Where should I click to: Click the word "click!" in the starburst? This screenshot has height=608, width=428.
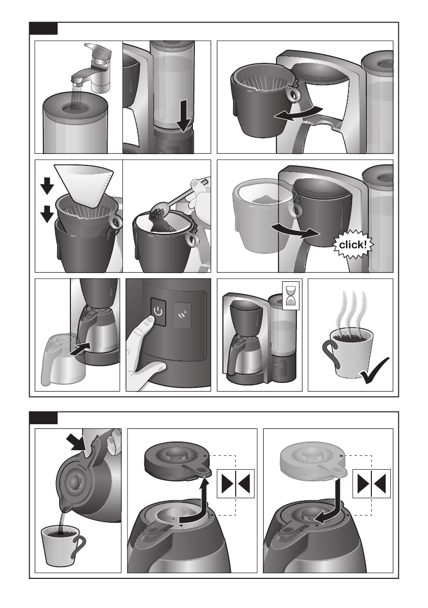(353, 245)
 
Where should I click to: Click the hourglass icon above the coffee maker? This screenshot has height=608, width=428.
(291, 296)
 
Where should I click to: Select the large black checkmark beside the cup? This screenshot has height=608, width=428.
(374, 370)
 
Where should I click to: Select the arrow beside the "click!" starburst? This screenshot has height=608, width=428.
(295, 230)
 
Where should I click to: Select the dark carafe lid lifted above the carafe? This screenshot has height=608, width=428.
(178, 461)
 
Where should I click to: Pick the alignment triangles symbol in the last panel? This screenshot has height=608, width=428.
(371, 483)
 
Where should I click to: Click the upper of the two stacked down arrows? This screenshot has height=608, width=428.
(47, 185)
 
